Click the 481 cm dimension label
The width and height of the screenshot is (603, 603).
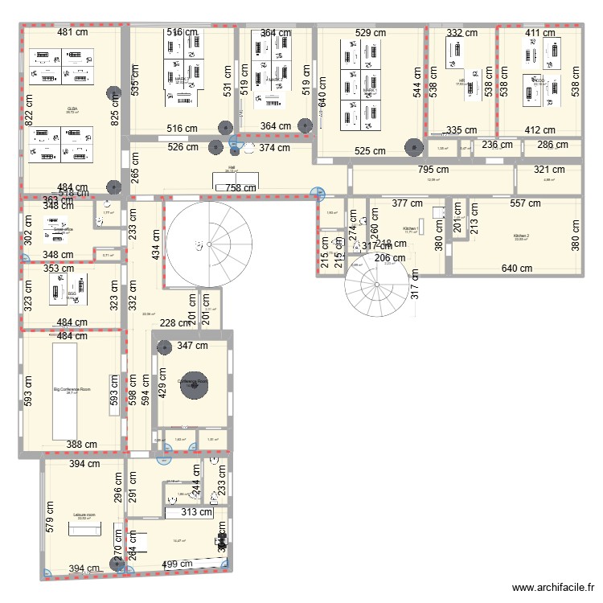tap(72, 33)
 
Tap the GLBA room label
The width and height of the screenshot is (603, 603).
tap(72, 109)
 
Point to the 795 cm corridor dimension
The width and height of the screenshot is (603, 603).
tap(433, 170)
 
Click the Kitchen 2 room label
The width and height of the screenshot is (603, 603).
tap(522, 236)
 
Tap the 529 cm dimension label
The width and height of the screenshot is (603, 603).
tap(369, 33)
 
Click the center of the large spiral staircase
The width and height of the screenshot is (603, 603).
tap(198, 244)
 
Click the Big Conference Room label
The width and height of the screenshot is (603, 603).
tap(72, 389)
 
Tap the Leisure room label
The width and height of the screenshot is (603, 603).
tap(84, 514)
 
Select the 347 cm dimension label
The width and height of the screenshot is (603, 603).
tap(193, 347)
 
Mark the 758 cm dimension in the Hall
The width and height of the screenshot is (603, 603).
tap(231, 189)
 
